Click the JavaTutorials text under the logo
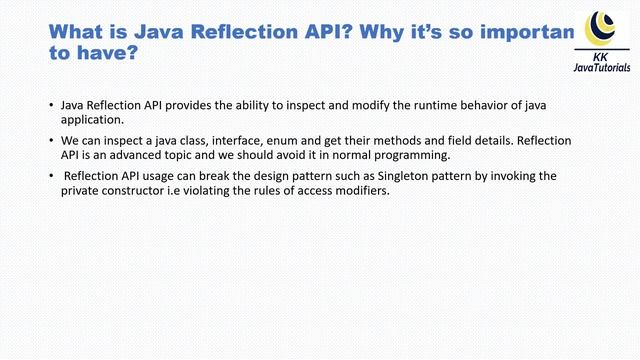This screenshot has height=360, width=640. (x=602, y=67)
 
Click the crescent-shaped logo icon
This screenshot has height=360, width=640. (x=601, y=25)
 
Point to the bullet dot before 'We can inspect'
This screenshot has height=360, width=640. (x=52, y=141)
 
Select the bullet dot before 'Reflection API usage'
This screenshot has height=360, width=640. (x=52, y=177)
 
